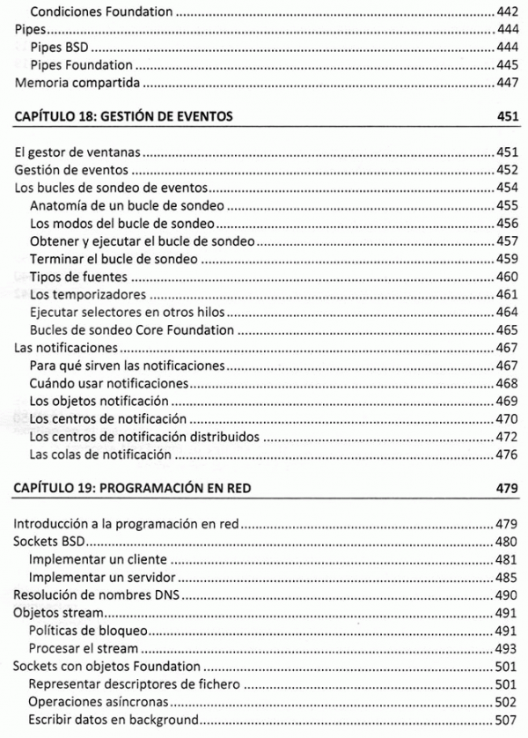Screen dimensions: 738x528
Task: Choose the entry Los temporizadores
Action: (87, 294)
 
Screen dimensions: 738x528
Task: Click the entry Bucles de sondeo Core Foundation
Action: (131, 330)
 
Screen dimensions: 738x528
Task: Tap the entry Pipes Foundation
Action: (81, 65)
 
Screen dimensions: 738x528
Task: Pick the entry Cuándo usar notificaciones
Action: (108, 383)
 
